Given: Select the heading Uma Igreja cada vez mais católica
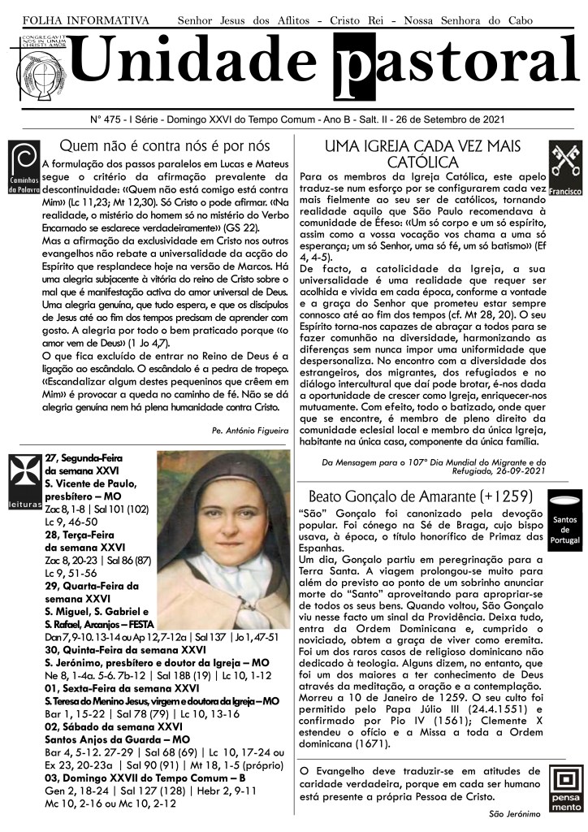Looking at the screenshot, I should coord(422,154).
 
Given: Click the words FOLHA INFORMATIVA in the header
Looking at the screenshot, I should coord(85,19).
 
